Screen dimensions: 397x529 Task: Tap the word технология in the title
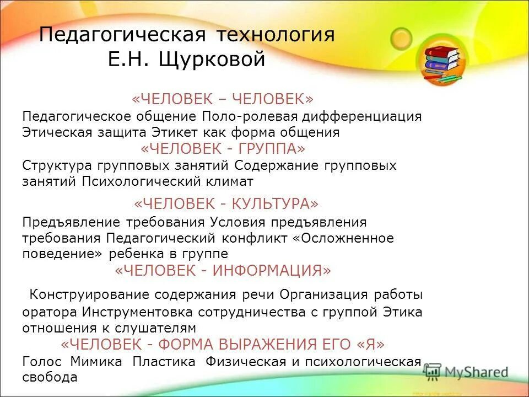point(275,35)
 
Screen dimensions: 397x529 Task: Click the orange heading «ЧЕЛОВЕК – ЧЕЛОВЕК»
point(222,99)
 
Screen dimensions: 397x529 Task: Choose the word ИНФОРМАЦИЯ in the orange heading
point(268,271)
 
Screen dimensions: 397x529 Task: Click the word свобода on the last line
point(50,378)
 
